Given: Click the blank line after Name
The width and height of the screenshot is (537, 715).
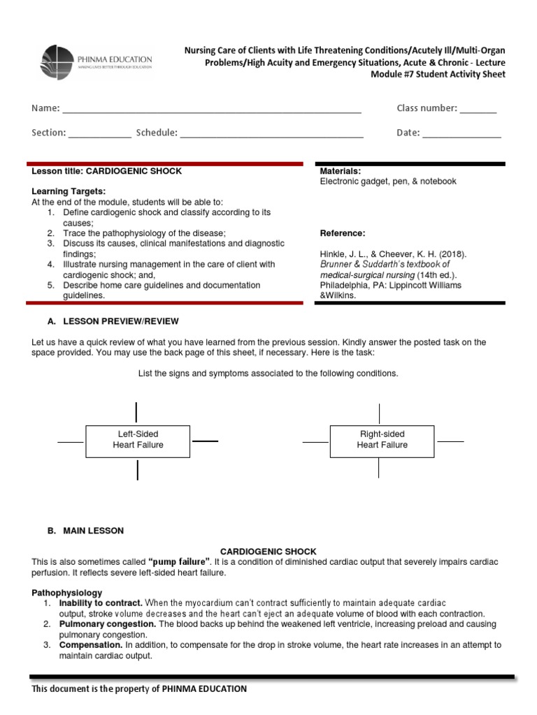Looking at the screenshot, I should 212,112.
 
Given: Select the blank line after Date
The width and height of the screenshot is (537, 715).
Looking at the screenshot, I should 461,137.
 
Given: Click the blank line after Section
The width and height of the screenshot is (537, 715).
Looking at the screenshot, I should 99,137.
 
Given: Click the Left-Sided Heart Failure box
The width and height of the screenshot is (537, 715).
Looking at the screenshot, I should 138,440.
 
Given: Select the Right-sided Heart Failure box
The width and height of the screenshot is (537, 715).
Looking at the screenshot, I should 382,440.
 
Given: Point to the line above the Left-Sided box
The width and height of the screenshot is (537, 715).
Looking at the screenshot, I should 136,412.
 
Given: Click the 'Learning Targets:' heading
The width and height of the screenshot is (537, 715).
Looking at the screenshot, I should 69,191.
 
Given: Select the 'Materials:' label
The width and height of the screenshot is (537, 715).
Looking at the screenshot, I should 340,171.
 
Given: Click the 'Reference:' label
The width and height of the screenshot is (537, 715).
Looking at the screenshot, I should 342,233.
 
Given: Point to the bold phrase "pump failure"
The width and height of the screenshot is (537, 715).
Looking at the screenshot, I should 180,562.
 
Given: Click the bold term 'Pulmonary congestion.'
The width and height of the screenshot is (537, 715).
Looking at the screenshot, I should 107,624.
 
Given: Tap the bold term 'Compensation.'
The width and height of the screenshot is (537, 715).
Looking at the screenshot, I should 91,645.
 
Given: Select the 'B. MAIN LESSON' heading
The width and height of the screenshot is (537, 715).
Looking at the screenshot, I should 85,531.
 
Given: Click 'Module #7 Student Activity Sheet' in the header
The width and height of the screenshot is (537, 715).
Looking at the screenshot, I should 437,75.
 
